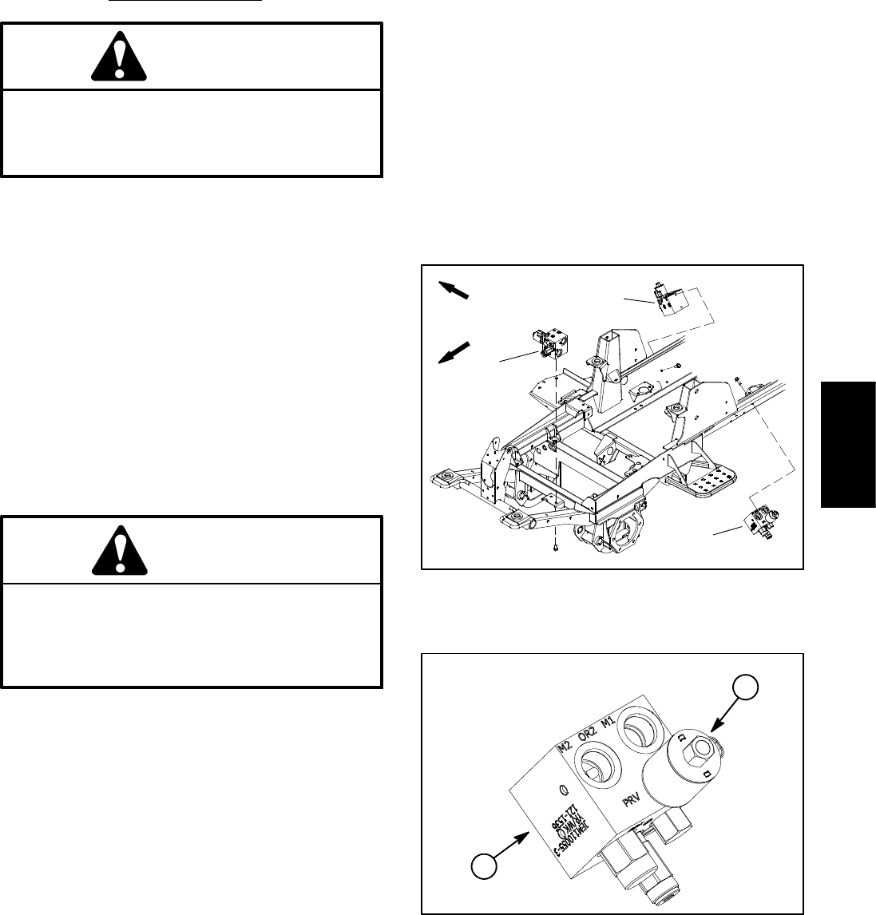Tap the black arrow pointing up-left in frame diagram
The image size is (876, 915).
point(454,289)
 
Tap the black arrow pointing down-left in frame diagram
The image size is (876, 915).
point(455,352)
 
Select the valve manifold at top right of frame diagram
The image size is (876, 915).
point(668,299)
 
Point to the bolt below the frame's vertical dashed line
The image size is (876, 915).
point(553,549)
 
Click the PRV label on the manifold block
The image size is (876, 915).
point(632,798)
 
